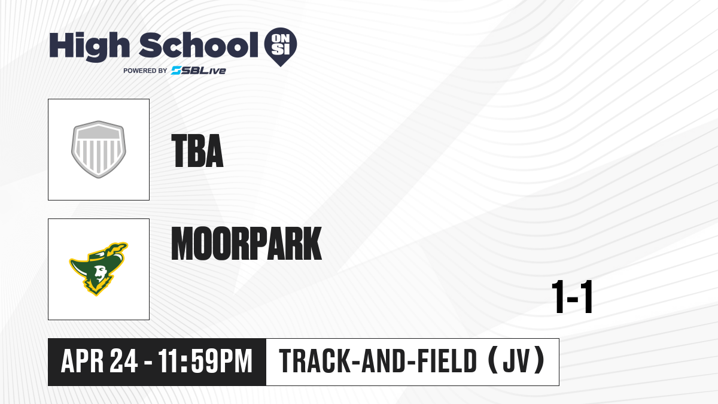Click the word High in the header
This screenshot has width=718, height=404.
90,46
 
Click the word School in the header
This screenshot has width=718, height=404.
199,45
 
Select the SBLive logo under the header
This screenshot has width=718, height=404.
199,71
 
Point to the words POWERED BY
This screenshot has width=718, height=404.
145,71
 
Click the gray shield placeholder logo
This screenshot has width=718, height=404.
99,150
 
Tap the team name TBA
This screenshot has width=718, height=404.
197,151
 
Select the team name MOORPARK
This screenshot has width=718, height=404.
247,244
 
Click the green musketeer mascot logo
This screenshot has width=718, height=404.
99,269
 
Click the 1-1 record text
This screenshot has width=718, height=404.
572,297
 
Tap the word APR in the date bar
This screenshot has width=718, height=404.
83,361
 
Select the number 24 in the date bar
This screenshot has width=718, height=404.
124,361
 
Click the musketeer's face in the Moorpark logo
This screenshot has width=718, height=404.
101,273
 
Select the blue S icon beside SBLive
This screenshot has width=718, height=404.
177,71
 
